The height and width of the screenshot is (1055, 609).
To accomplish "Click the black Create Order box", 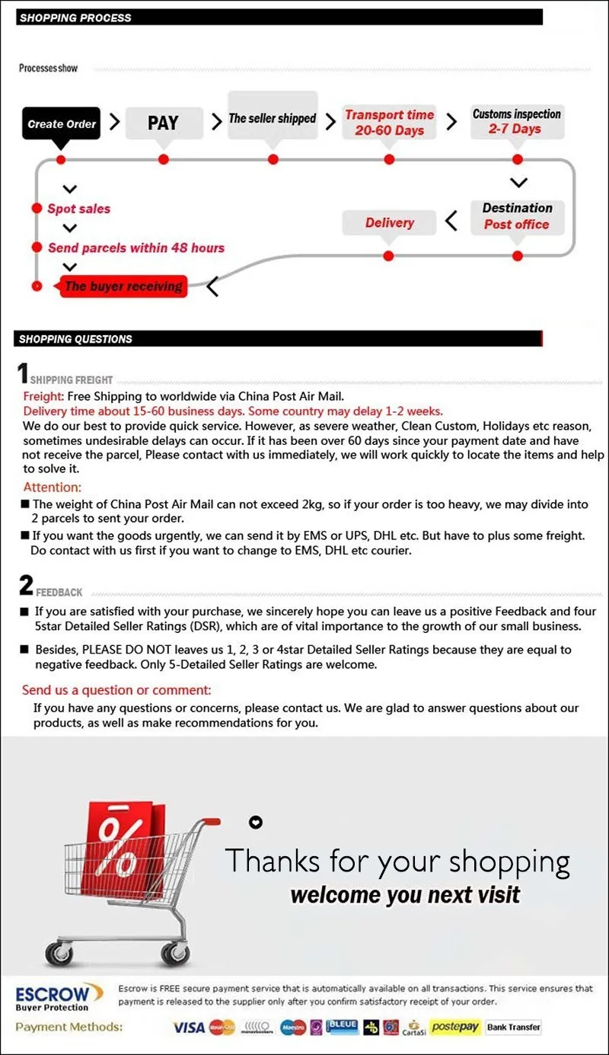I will (x=62, y=123).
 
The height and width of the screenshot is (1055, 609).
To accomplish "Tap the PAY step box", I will (x=163, y=123).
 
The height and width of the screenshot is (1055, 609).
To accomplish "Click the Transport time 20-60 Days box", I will (x=389, y=123).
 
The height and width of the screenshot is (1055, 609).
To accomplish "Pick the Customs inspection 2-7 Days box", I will (x=517, y=122).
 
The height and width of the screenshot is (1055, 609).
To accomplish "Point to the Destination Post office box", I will (x=517, y=216).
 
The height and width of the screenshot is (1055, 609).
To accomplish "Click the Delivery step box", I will (x=389, y=222).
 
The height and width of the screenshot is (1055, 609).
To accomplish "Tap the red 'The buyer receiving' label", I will (x=123, y=286).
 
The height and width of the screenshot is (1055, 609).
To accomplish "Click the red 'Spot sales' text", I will (x=78, y=209).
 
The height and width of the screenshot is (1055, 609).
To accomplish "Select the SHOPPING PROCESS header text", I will (x=75, y=18).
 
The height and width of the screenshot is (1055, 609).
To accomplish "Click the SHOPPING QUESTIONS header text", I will (x=75, y=339).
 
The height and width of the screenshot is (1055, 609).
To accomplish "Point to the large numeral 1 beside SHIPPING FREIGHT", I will (x=23, y=374).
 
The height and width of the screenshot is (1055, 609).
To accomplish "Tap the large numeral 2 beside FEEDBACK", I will (x=26, y=586).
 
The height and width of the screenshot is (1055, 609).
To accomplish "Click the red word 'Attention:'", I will (x=53, y=488).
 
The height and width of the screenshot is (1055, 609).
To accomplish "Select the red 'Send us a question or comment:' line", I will (x=116, y=690).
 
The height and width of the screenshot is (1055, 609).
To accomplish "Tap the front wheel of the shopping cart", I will (x=176, y=952).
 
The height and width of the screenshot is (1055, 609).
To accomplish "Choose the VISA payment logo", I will (x=189, y=1028).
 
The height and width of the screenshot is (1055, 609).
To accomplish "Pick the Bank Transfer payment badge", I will (x=514, y=1027).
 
